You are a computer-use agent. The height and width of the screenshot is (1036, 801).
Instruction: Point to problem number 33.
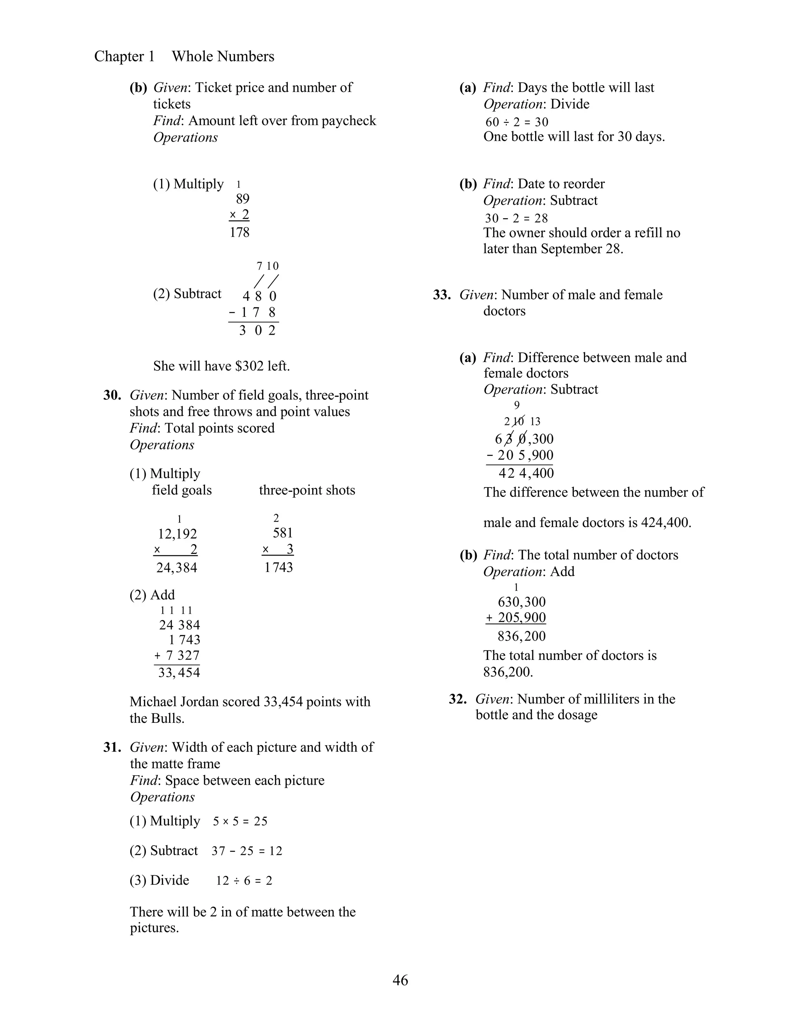point(441,295)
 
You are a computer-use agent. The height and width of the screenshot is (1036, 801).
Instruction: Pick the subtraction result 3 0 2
point(257,331)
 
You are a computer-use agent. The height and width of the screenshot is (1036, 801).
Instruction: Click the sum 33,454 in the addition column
point(179,672)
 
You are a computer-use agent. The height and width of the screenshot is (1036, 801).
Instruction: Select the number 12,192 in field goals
point(177,534)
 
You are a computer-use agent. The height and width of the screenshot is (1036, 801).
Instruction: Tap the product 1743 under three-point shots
point(278,567)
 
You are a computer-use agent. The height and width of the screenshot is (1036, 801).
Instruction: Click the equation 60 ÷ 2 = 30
point(516,122)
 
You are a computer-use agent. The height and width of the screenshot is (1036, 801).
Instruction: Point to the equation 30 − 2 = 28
point(516,218)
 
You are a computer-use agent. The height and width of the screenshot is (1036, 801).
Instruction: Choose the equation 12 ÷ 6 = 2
point(244,881)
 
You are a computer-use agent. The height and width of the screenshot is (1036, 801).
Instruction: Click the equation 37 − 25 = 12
point(247,851)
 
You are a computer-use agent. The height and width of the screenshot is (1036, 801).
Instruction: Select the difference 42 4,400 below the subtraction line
point(526,473)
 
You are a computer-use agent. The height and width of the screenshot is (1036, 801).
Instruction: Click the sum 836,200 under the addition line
point(521,636)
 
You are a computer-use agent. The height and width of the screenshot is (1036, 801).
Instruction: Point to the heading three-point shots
point(307,490)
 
